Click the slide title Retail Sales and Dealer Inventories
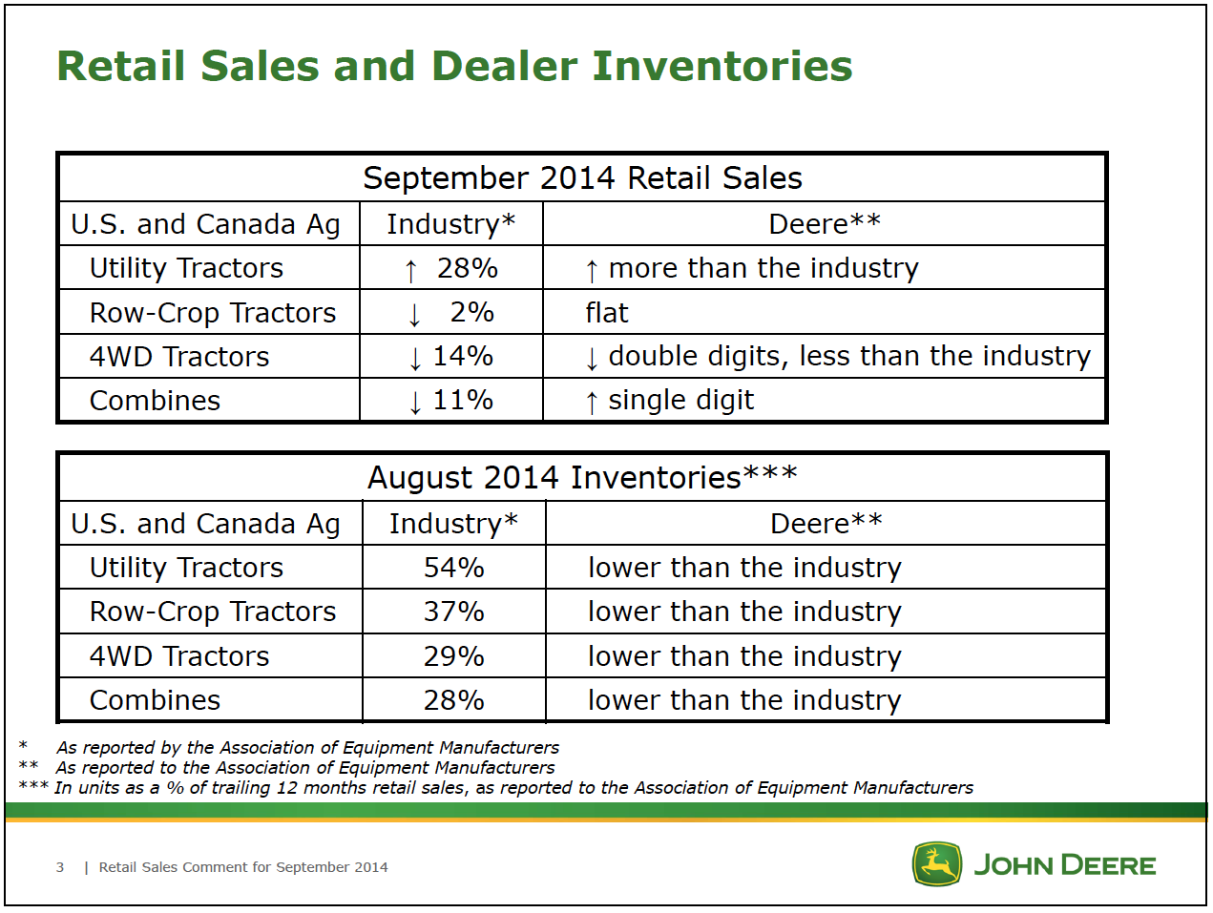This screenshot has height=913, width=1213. [454, 66]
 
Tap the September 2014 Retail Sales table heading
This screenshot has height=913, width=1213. [582, 178]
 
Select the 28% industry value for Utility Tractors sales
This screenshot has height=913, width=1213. [467, 268]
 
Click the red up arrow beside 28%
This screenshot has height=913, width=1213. [410, 271]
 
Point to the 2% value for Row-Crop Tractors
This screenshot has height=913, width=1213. [471, 312]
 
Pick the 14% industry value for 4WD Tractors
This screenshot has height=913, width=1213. [463, 356]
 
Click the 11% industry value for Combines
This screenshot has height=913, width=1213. [463, 400]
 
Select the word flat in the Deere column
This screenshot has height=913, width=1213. [607, 313]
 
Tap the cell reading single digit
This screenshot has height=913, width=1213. [680, 400]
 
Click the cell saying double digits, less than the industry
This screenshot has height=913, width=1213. [848, 356]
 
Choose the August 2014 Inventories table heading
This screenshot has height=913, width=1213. [582, 477]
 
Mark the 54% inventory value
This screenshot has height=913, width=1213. [453, 568]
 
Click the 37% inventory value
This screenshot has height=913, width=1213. [453, 612]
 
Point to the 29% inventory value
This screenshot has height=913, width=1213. [453, 656]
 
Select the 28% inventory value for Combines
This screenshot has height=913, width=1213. [453, 700]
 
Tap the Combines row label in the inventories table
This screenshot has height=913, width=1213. [155, 700]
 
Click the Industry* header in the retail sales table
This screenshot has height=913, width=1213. [450, 224]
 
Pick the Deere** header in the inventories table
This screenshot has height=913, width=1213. [826, 524]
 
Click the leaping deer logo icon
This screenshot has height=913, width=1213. [936, 864]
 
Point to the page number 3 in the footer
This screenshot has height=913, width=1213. [60, 867]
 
